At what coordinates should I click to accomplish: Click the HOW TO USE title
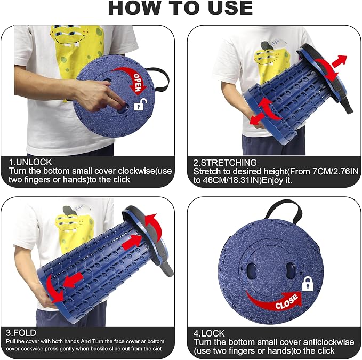click(x=180, y=8)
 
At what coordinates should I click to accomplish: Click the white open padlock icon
click(x=140, y=105)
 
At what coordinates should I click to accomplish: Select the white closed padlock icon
click(x=308, y=284)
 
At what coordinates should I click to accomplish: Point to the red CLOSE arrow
click(x=275, y=301)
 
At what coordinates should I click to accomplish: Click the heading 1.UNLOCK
click(x=30, y=162)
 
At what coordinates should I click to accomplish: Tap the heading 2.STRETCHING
click(x=225, y=163)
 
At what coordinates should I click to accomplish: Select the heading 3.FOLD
click(x=21, y=333)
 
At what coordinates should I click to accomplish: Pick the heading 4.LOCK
click(x=209, y=333)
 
